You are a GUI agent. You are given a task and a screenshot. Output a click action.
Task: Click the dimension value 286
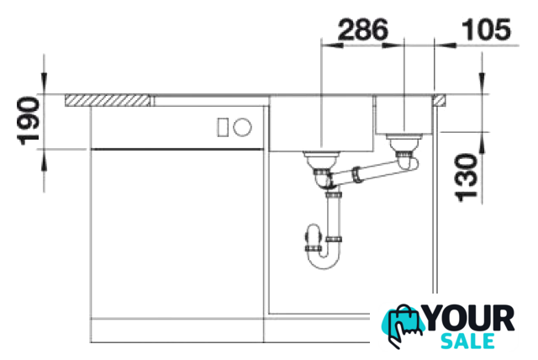click(x=363, y=29)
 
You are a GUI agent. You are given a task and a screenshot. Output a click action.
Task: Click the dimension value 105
click(x=487, y=29)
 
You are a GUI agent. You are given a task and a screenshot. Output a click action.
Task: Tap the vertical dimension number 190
click(x=28, y=121)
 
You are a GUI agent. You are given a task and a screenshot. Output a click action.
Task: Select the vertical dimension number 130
click(x=466, y=177)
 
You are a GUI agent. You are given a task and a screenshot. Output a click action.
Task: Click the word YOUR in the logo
click(x=469, y=319)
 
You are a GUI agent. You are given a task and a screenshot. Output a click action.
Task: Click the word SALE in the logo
click(x=467, y=341)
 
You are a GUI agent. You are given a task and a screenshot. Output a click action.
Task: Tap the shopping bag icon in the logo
click(x=405, y=326)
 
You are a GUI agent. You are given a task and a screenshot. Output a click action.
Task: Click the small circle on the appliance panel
click(x=242, y=127)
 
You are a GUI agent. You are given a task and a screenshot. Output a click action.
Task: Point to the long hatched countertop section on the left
click(x=108, y=100)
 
